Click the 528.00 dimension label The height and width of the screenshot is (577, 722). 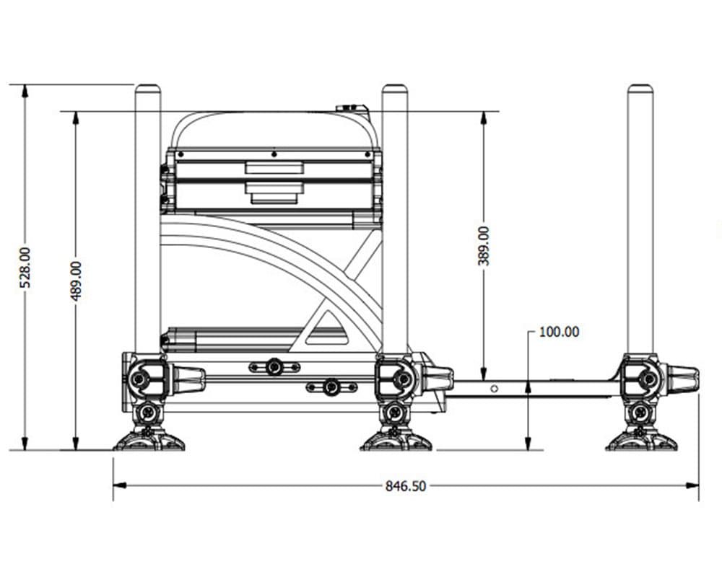(x=25, y=268)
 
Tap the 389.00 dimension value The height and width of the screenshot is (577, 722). (x=483, y=246)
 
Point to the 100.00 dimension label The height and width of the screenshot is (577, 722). (x=559, y=332)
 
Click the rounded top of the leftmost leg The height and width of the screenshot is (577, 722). (x=148, y=89)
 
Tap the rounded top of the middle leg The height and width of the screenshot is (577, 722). (x=395, y=89)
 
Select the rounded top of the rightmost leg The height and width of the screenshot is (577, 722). (x=640, y=89)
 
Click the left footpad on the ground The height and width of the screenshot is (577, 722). (x=149, y=440)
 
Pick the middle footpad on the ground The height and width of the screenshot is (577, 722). (x=396, y=440)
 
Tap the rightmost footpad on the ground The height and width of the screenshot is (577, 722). (x=641, y=440)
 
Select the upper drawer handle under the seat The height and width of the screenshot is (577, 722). (x=274, y=168)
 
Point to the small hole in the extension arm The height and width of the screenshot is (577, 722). (x=494, y=388)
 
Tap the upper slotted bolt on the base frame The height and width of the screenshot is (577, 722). (x=274, y=367)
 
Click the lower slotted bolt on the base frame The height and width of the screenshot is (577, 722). (x=331, y=387)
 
